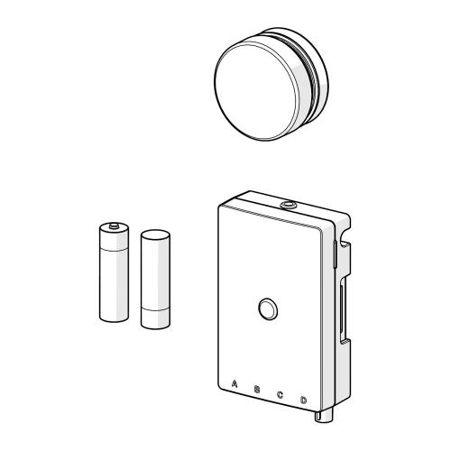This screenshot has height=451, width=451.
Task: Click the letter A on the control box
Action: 235,383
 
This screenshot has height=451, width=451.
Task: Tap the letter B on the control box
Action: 257,390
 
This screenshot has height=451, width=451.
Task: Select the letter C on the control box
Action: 280,394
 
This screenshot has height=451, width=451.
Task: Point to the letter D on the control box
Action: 303,400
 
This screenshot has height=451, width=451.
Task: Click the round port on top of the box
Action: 287,207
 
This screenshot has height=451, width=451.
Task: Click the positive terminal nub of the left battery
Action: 115,222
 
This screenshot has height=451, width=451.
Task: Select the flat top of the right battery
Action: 154,234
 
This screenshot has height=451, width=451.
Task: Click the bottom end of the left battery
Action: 115,318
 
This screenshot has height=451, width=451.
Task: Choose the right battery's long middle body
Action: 154,275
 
